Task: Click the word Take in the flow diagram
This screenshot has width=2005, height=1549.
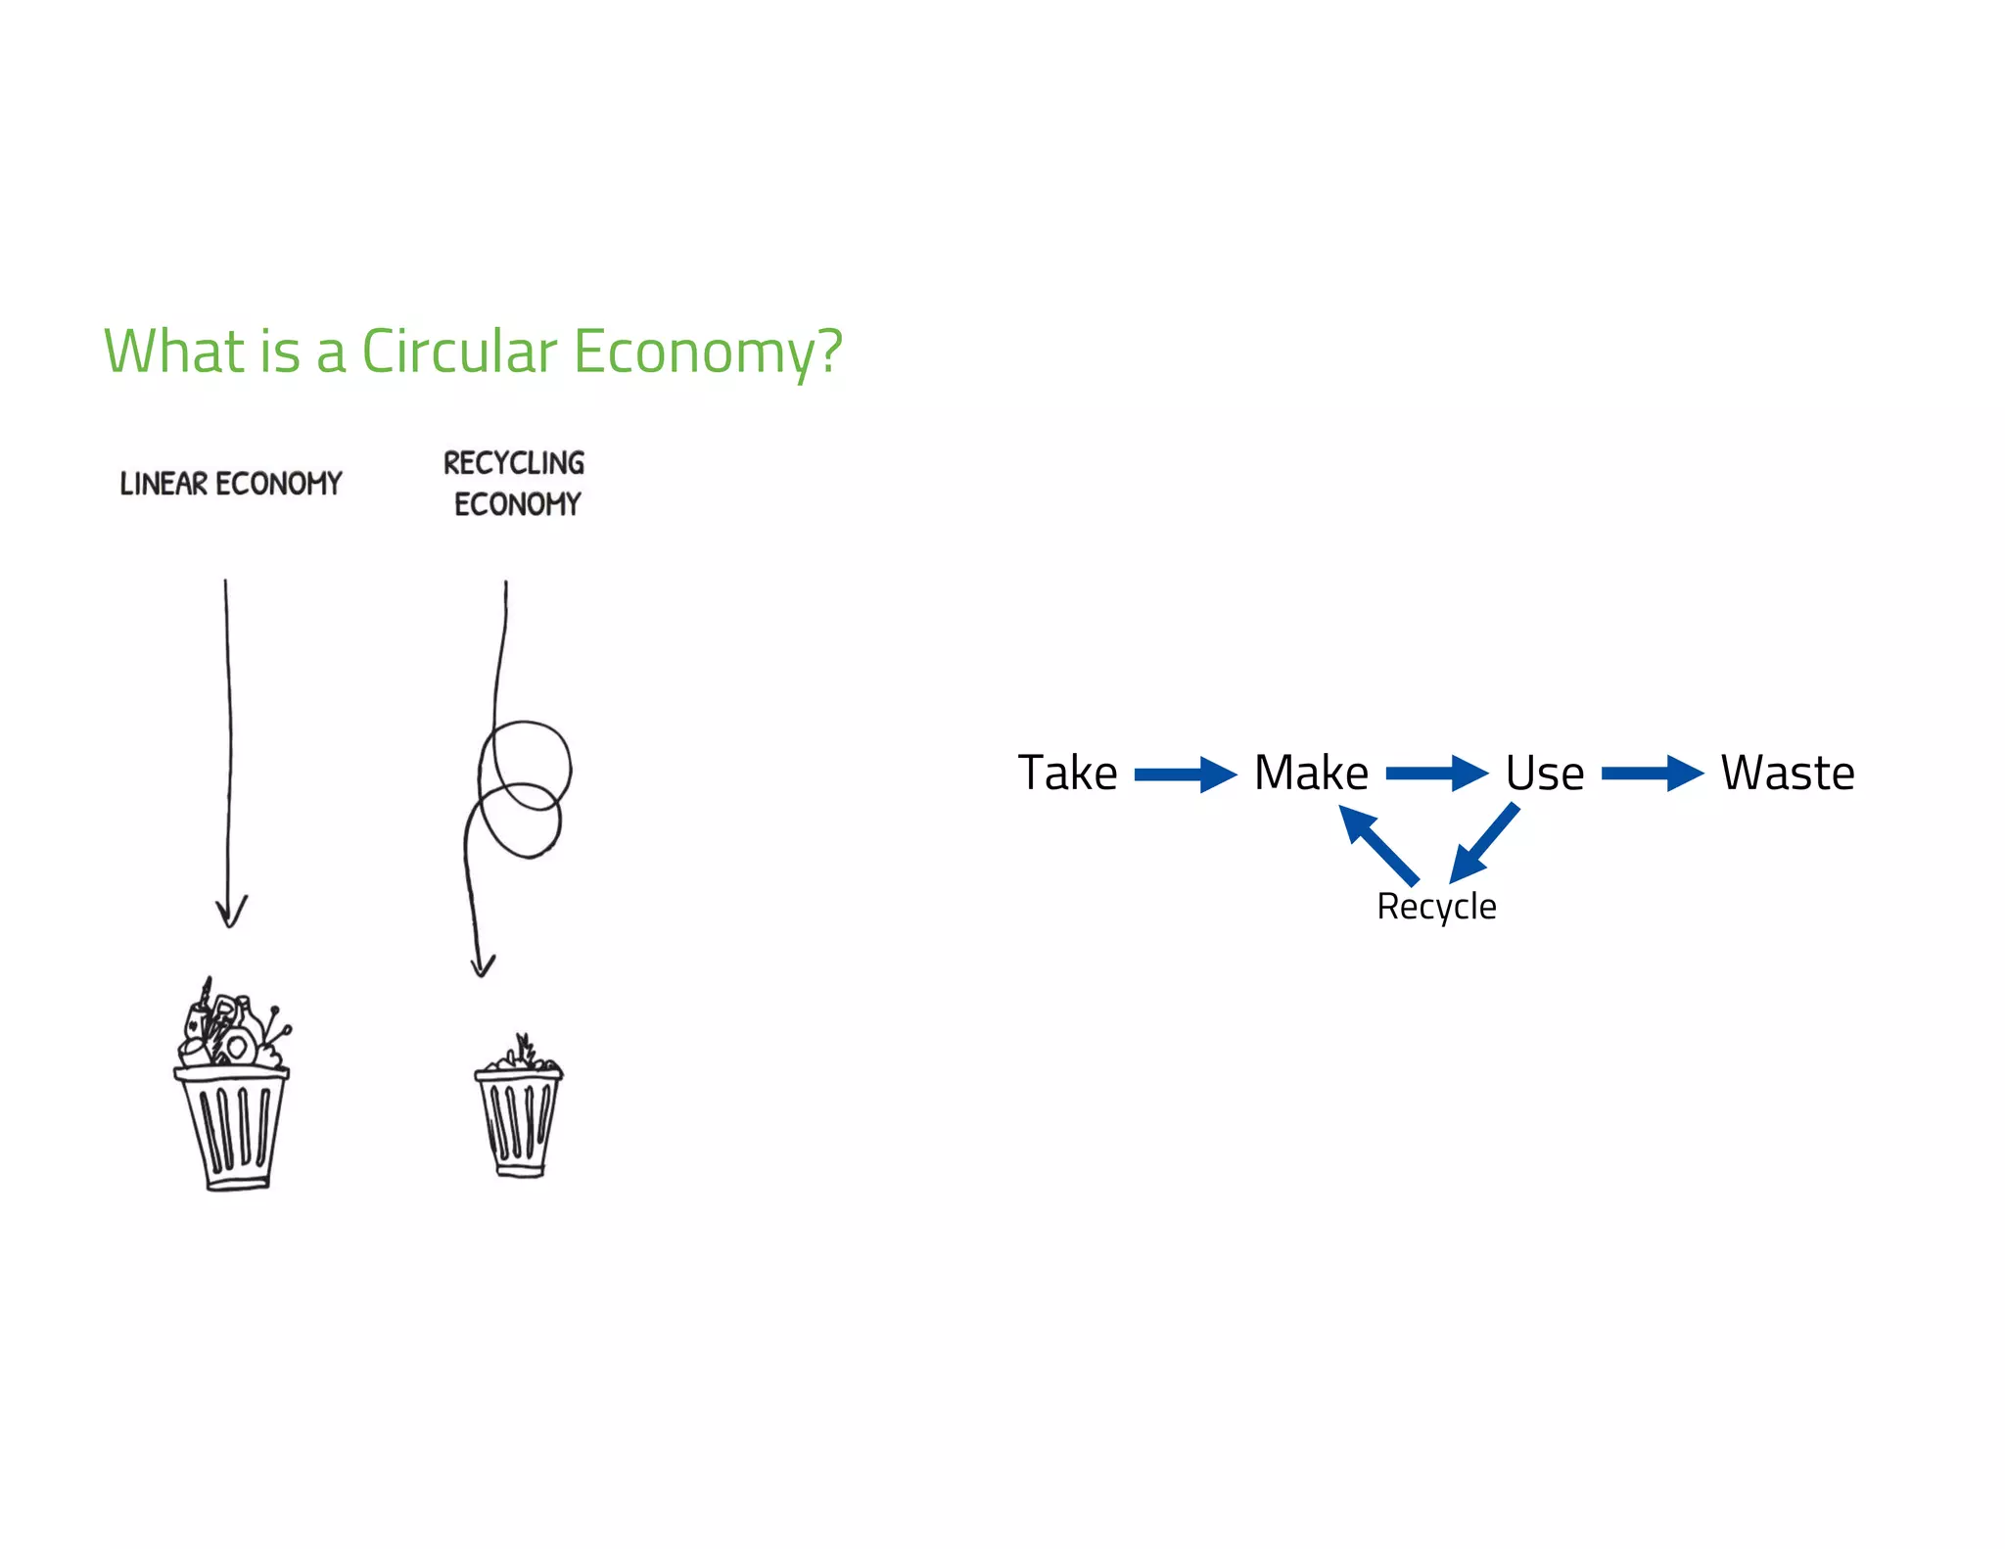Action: [1067, 773]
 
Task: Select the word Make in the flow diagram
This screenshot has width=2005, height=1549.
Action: [1311, 773]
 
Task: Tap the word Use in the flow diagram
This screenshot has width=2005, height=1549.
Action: [1544, 774]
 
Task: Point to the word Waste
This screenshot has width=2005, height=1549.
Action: [1787, 773]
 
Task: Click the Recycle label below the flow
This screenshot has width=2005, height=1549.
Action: [1436, 907]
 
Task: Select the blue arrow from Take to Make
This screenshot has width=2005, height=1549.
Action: [1186, 774]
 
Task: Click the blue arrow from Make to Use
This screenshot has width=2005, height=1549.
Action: [1436, 774]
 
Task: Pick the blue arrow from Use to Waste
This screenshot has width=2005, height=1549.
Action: [1653, 774]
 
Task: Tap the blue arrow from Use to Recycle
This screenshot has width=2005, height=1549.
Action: [1484, 843]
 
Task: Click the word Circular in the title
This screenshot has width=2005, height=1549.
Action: [459, 352]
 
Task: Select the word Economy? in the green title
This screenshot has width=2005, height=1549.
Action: [708, 352]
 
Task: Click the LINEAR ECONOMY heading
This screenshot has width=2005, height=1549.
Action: [231, 484]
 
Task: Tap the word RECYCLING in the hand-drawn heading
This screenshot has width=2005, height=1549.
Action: [514, 463]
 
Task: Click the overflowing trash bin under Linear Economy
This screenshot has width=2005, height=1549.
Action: [232, 1087]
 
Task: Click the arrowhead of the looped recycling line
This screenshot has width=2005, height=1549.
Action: [482, 964]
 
